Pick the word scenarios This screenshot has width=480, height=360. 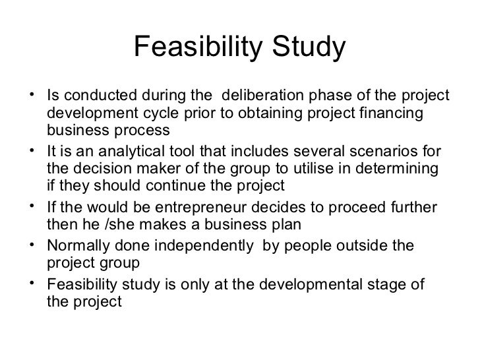pyautogui.click(x=375, y=150)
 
